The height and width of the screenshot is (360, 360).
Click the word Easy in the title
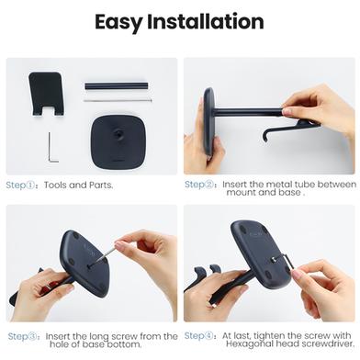click(118, 23)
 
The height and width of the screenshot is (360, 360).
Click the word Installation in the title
click(206, 21)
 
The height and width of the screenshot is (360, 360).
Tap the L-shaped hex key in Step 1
click(51, 148)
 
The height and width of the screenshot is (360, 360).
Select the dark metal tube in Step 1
click(117, 85)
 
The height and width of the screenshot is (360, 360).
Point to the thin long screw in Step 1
click(118, 100)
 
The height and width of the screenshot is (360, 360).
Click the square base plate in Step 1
click(118, 141)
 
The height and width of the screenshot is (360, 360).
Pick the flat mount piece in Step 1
click(46, 94)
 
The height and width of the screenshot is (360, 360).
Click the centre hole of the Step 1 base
click(118, 133)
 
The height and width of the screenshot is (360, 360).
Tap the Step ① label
click(21, 186)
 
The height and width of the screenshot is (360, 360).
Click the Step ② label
click(199, 185)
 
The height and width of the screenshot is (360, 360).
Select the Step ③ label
click(23, 336)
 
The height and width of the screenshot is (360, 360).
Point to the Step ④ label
click(199, 336)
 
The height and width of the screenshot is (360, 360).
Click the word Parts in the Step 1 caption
click(101, 186)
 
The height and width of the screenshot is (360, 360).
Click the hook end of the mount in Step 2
click(265, 136)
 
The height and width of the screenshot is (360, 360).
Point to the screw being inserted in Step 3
click(103, 255)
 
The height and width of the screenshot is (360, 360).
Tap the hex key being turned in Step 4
click(288, 261)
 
